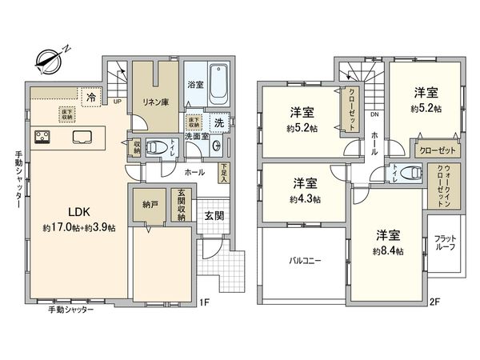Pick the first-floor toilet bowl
point(162,147)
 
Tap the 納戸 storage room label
point(149,205)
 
